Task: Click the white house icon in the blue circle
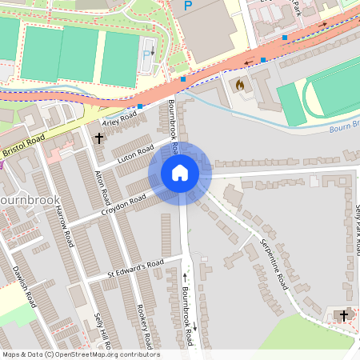pos(180,173)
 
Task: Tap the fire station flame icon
pos(238,83)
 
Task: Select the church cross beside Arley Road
pos(99,138)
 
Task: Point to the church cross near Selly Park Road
pos(344,316)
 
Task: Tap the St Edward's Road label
pos(135,269)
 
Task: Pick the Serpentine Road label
pos(272,265)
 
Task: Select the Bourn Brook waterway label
pos(345,129)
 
